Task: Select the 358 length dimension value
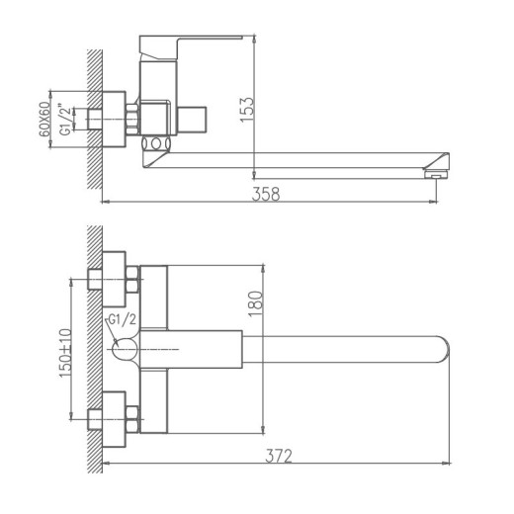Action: (x=267, y=194)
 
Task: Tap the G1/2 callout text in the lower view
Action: (x=120, y=318)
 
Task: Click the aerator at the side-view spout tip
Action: (x=431, y=174)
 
